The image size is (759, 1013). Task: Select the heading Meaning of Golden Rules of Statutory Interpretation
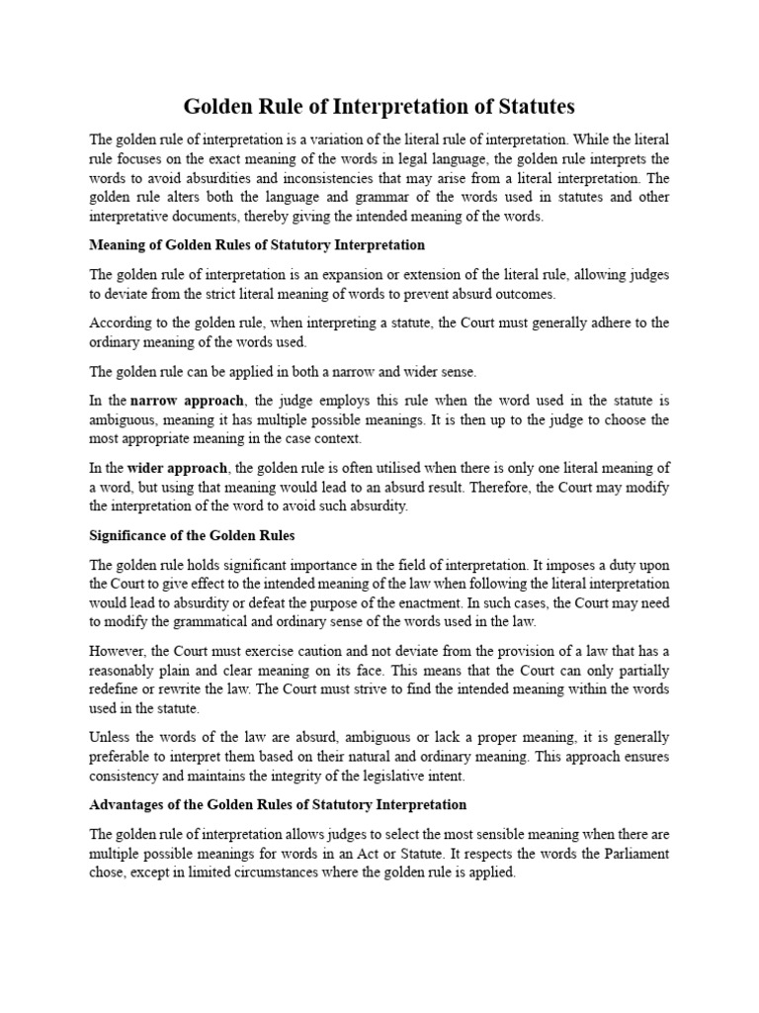[257, 244]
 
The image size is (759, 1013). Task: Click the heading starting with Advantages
[278, 804]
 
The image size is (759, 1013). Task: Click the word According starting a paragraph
[120, 322]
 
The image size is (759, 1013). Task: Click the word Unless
[110, 737]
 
